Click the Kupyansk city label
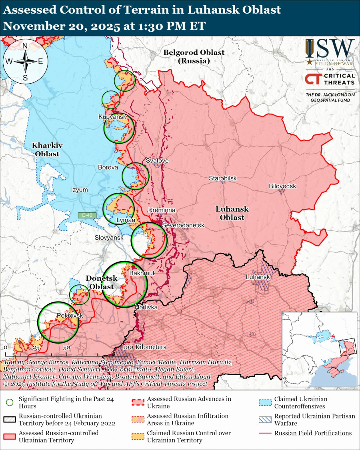112,116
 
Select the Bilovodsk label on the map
282,186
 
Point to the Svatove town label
157,161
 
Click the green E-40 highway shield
87,215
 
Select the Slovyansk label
109,237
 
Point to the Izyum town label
79,190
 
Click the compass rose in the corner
25,61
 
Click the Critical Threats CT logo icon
312,79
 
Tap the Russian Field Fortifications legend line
265,433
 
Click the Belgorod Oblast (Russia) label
194,57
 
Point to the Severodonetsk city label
183,226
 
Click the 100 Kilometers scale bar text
144,347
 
